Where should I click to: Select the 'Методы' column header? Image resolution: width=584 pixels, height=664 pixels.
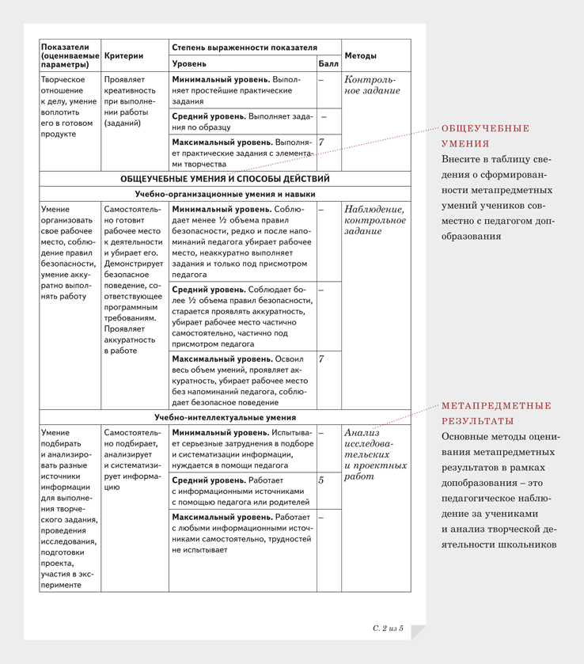(361, 56)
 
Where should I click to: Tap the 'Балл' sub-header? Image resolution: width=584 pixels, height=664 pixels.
(328, 63)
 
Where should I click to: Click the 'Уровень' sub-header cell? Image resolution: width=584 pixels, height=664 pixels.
(189, 63)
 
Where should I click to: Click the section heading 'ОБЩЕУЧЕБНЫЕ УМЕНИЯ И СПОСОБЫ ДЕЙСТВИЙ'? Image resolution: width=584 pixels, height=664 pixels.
(225, 179)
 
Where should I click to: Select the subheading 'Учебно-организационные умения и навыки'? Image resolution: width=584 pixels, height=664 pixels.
(225, 194)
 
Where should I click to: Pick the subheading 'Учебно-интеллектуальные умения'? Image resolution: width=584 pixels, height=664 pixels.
(225, 417)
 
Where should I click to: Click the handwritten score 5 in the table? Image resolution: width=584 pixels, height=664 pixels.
(321, 480)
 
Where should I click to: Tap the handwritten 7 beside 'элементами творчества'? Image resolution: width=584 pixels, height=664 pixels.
(321, 142)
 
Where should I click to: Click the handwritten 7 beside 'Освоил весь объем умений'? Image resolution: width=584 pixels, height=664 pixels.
(321, 359)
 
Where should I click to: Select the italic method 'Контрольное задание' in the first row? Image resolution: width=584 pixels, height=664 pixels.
(372, 85)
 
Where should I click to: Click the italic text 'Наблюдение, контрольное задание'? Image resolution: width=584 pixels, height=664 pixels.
(375, 220)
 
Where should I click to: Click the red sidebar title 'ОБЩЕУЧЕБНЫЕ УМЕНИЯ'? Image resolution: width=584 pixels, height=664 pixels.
(485, 136)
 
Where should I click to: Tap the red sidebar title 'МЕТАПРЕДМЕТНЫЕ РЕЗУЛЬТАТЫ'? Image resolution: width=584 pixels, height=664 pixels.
(496, 413)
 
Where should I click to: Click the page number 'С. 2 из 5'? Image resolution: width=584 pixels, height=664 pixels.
(388, 628)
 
